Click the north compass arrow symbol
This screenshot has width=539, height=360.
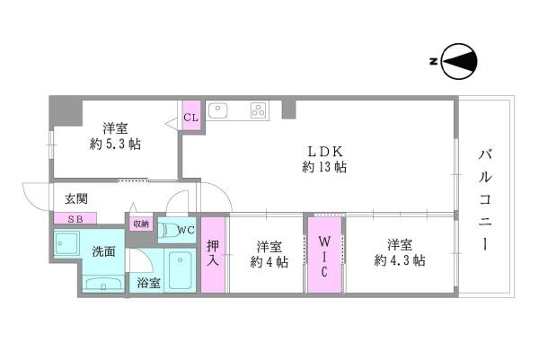459,61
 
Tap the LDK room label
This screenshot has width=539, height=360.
324,151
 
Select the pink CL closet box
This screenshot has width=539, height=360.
190,118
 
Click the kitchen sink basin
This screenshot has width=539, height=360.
220,111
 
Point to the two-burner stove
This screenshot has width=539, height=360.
259,111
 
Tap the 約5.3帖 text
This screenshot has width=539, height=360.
114,144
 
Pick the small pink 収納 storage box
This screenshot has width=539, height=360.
141,224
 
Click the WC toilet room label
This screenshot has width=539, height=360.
186,230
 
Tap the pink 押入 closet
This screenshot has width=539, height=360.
213,255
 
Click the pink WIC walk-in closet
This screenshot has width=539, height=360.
325,255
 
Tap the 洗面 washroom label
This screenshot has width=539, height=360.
103,251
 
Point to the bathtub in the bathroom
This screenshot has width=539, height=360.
181,270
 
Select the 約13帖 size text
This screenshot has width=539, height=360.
324,167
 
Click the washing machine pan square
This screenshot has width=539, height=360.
66,243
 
